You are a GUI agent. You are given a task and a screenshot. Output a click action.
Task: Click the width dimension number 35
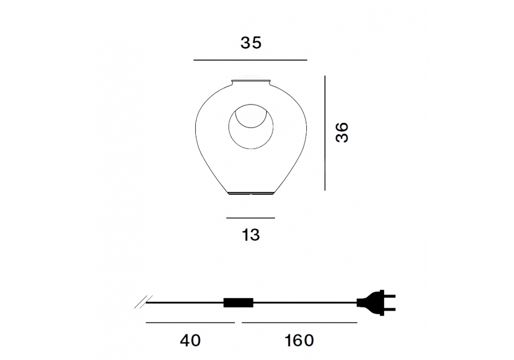pos(251,43)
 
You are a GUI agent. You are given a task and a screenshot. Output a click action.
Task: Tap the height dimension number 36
pos(342,132)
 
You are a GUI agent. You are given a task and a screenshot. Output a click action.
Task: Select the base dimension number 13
pos(251,235)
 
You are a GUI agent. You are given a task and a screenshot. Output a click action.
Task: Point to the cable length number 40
pos(190,340)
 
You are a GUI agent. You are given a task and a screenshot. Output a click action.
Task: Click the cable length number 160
pos(299,340)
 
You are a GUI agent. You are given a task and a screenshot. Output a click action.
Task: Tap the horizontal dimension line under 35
pos(250,60)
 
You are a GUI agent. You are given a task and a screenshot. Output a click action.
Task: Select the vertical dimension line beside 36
pos(325,133)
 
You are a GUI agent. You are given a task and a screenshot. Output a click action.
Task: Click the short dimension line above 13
pos(250,218)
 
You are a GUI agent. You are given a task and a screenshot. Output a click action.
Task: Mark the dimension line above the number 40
pos(190,322)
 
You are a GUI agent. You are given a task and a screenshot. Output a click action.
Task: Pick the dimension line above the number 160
pos(299,322)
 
